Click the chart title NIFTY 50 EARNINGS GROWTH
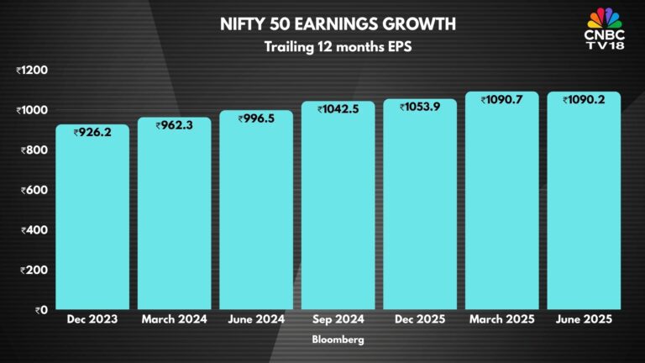coord(322,24)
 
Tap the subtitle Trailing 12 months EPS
coord(322,47)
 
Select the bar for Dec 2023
coord(92,218)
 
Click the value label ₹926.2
coord(92,132)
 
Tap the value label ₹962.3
coord(174,125)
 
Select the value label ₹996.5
coord(256,118)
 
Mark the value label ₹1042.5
coord(338,109)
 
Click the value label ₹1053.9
coord(419,107)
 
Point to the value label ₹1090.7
coord(501,100)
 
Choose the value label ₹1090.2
coord(584,100)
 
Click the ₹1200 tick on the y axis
coord(33,71)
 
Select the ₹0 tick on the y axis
coord(40,309)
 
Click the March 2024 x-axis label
coord(174,320)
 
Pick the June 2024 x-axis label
coord(256,320)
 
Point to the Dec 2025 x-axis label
coord(419,320)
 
